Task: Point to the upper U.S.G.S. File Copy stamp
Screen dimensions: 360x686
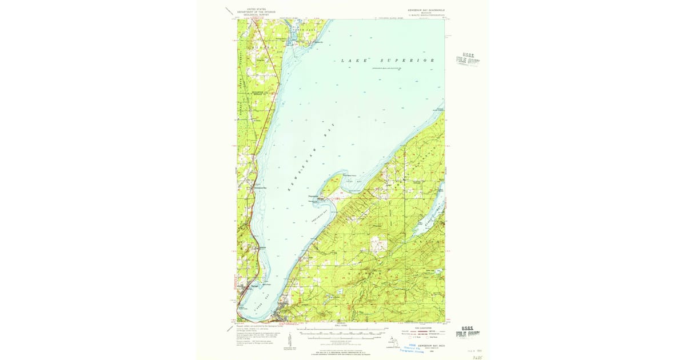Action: pos(467,59)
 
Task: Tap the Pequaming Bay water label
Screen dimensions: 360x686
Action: pos(320,219)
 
